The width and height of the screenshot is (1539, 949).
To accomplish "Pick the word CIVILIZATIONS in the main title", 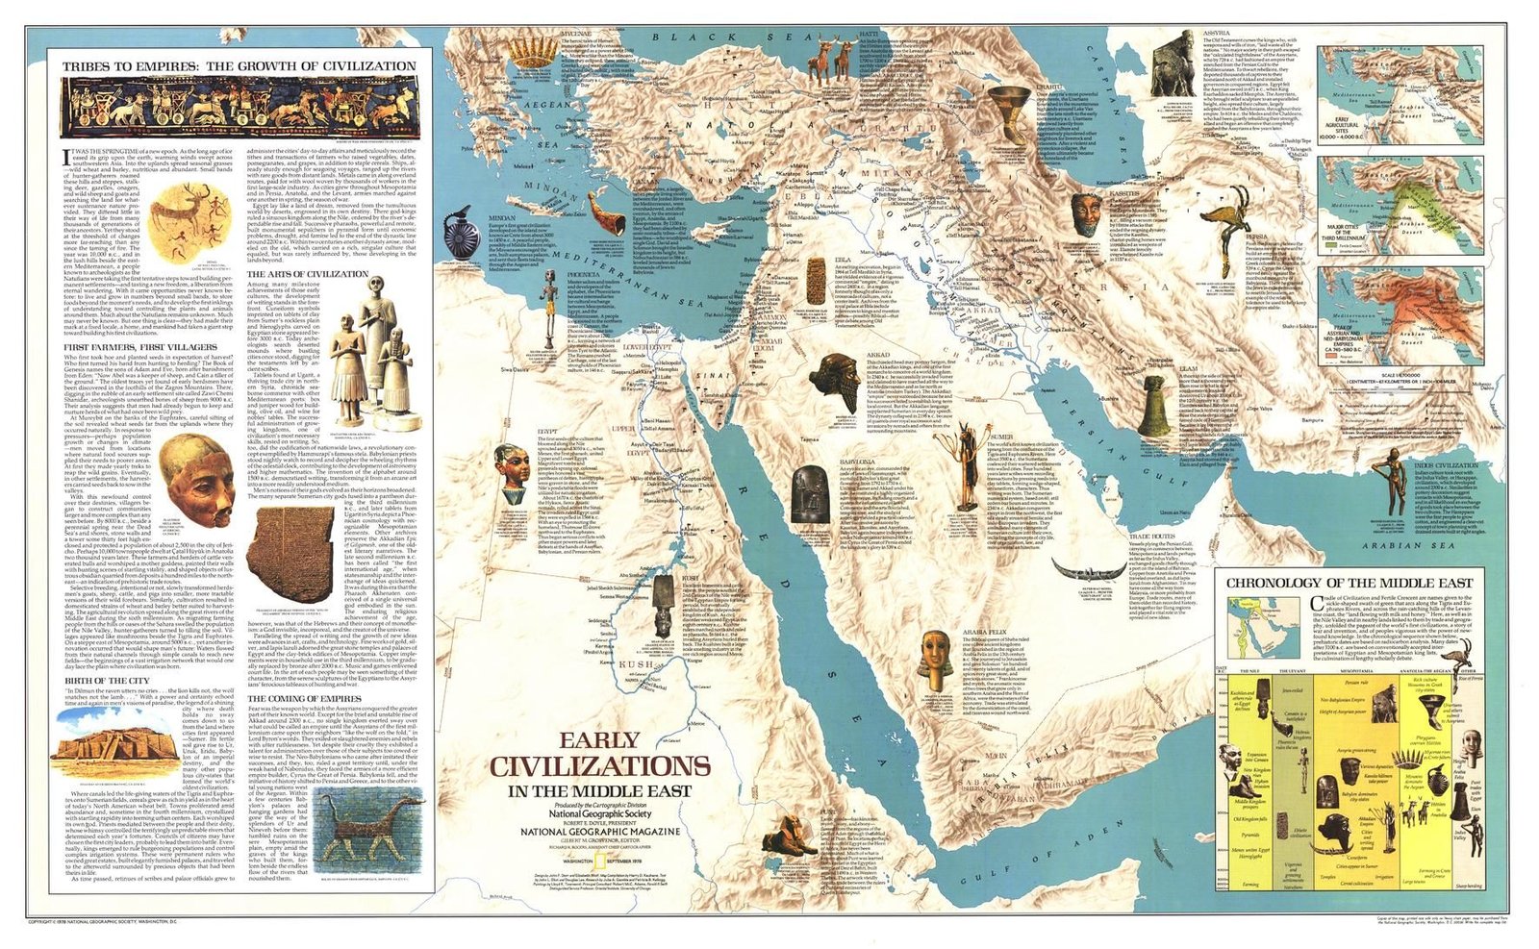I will click(601, 766).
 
